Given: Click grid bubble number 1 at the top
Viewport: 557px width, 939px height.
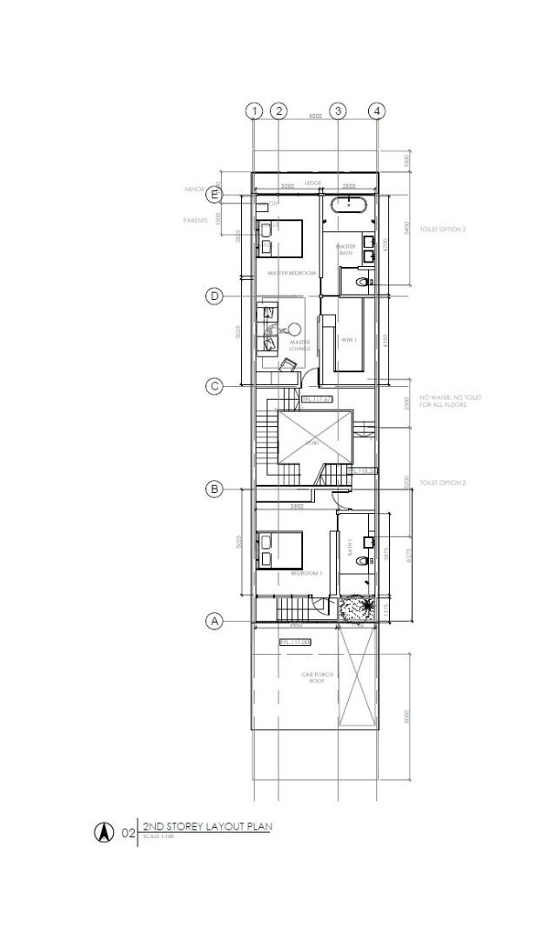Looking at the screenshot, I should pyautogui.click(x=253, y=110).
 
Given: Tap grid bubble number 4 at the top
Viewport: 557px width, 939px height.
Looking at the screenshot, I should pyautogui.click(x=376, y=110).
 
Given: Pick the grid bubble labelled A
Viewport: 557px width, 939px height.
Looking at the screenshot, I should pyautogui.click(x=214, y=621).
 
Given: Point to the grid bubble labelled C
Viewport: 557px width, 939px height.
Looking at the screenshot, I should pyautogui.click(x=214, y=385).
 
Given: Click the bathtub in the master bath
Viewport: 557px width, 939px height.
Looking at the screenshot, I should pyautogui.click(x=349, y=206).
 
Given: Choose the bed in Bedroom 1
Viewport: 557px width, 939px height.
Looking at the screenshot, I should pyautogui.click(x=279, y=549).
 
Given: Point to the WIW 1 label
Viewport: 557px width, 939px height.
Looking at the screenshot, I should pyautogui.click(x=347, y=339).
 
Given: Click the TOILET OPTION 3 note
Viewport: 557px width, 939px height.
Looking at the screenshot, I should pyautogui.click(x=443, y=230).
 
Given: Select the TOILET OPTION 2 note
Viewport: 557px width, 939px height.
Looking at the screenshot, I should pyautogui.click(x=443, y=483).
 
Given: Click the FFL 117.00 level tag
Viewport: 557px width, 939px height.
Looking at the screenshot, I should pyautogui.click(x=295, y=642).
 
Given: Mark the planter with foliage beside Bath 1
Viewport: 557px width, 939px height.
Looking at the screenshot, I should pyautogui.click(x=357, y=607).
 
